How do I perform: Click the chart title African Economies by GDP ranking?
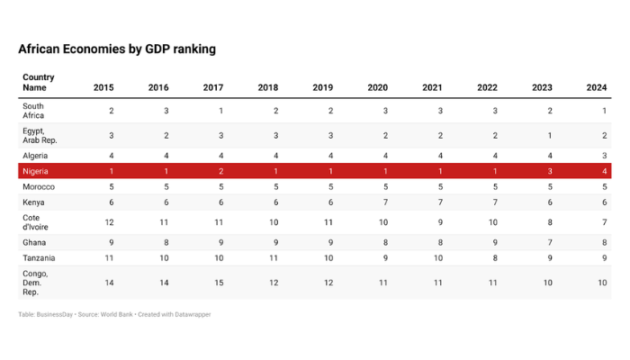point(117,49)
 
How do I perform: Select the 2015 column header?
point(103,87)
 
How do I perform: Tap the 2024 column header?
point(597,87)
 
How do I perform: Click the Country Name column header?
point(38,83)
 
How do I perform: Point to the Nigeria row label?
point(38,171)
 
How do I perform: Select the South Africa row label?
point(35,111)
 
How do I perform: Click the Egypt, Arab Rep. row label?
point(40,136)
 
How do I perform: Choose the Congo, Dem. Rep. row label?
point(36,282)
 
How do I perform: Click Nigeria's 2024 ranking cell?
point(605,171)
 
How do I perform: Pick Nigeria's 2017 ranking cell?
point(221,171)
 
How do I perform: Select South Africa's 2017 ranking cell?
point(221,111)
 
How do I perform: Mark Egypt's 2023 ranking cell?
point(550,136)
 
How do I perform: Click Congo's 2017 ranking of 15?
point(220,282)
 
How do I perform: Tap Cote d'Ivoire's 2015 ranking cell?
point(111,221)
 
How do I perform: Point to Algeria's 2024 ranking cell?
point(605,156)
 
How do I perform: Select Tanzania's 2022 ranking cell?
point(495,258)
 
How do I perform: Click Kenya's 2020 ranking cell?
point(385,203)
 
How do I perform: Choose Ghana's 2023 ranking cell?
point(550,242)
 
